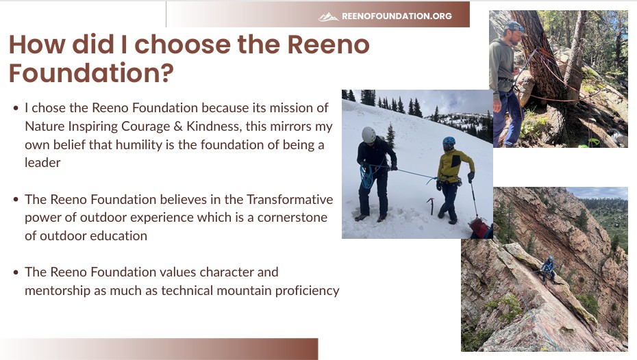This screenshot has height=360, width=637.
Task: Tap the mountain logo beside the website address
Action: [x=329, y=16]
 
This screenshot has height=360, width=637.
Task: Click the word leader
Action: [x=42, y=163]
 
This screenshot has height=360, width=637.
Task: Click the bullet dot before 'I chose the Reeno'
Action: [x=16, y=108]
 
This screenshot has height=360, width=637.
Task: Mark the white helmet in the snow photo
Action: [x=369, y=135]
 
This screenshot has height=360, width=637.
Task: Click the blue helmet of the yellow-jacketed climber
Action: [x=449, y=142]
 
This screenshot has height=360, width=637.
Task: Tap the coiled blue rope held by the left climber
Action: [x=367, y=177]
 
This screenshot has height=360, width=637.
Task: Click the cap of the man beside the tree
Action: [x=512, y=27]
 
